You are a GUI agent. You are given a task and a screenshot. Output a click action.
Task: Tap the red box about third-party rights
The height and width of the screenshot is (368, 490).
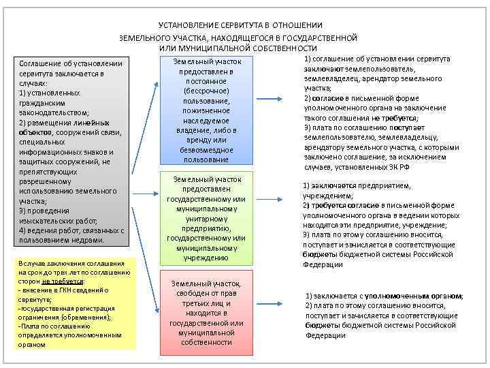tap(206, 312)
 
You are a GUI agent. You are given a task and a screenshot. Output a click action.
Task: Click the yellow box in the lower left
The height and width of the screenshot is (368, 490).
tap(74, 304)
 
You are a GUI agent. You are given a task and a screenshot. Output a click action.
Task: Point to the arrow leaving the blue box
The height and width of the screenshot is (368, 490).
tap(279, 111)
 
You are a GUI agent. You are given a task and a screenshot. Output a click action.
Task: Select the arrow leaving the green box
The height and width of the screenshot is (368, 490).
tap(278, 200)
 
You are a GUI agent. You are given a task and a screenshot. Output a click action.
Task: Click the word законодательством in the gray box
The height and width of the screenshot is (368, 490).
tap(54, 112)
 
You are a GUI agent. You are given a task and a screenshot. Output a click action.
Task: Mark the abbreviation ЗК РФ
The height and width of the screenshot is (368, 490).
tap(399, 167)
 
